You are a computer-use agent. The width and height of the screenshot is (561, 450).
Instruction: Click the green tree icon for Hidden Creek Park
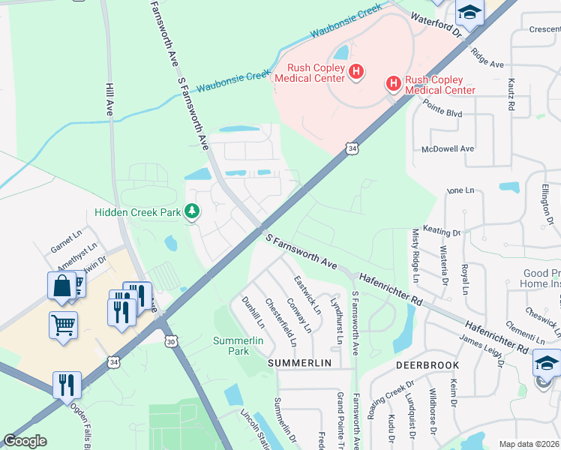point(193,212)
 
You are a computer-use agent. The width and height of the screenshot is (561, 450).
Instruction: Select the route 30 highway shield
point(172,341)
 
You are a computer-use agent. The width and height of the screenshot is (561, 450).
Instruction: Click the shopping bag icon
point(61,286)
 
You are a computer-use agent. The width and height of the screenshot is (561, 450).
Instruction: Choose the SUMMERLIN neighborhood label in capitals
point(300,363)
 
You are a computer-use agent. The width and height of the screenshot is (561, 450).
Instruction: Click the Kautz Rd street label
point(511,95)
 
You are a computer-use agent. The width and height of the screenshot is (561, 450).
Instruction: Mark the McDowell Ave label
point(448,148)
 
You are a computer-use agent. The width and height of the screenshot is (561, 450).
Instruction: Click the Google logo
point(25,441)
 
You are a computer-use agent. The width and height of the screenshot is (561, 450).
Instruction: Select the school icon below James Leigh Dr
point(547,364)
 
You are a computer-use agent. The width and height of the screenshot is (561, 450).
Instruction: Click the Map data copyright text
point(529,443)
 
